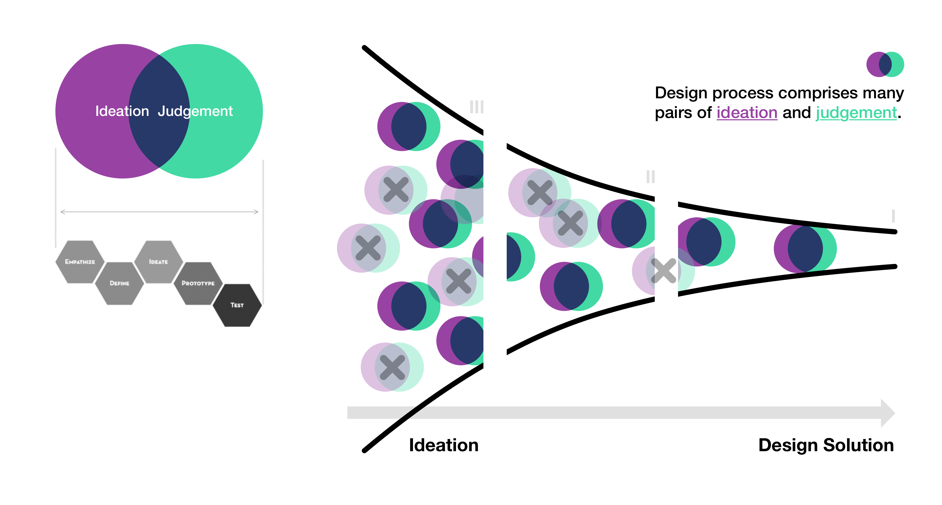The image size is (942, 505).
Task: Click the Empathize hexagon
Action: [x=80, y=262]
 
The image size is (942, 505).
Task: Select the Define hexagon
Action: [x=119, y=283]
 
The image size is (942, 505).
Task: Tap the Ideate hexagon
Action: [x=158, y=262]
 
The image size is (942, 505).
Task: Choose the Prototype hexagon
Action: [x=198, y=283]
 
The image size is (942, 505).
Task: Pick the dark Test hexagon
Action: [x=237, y=305]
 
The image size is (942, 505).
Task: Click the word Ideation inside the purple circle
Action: [x=122, y=111]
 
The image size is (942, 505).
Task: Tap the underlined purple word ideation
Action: [x=746, y=113]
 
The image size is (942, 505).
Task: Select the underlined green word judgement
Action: [x=856, y=113]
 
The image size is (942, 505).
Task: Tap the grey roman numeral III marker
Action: [x=476, y=107]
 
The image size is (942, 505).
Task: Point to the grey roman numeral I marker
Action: [x=893, y=216]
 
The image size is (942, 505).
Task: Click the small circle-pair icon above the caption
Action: [x=885, y=64]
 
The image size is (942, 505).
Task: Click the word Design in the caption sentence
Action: [x=681, y=93]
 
